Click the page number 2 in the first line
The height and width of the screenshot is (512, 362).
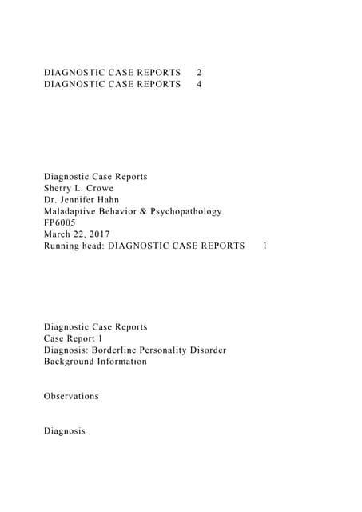coord(199,72)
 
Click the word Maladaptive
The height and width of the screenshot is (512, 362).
coord(74,211)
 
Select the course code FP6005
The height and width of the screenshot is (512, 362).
coord(61,223)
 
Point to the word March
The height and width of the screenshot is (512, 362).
coord(58,234)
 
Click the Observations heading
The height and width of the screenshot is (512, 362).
coord(72,396)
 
